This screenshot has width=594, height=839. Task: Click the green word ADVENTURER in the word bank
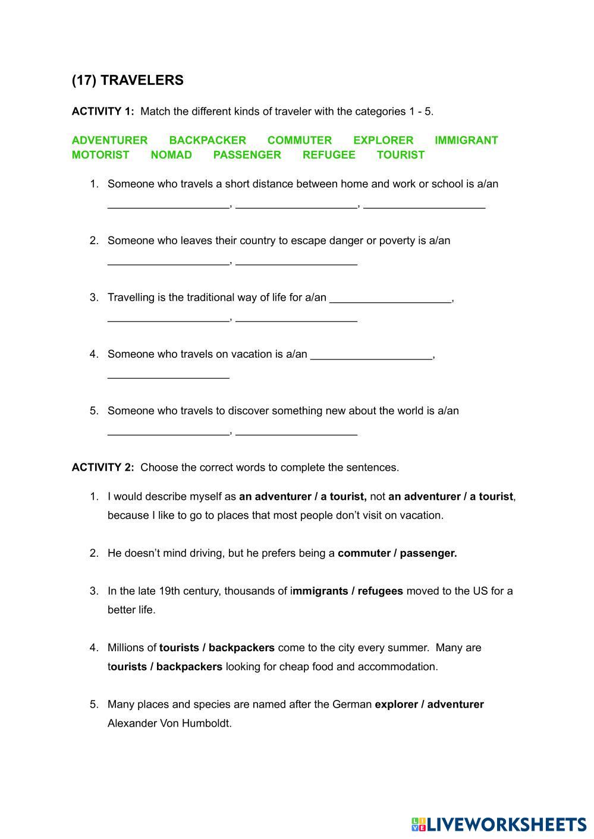pyautogui.click(x=109, y=140)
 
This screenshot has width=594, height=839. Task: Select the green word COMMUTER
pyautogui.click(x=299, y=140)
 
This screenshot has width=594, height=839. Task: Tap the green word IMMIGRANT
pyautogui.click(x=466, y=140)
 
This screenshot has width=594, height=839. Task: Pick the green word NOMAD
pyautogui.click(x=171, y=155)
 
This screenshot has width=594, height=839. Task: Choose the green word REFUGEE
pyautogui.click(x=328, y=155)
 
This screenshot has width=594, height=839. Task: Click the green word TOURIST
pyautogui.click(x=400, y=155)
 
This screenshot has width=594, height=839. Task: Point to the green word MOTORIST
pyautogui.click(x=100, y=155)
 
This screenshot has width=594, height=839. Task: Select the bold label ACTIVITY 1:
pyautogui.click(x=103, y=111)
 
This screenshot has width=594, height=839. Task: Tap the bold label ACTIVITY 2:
pyautogui.click(x=103, y=468)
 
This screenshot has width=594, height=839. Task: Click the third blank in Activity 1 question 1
pyautogui.click(x=424, y=206)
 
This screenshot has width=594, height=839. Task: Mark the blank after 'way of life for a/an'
pyautogui.click(x=390, y=301)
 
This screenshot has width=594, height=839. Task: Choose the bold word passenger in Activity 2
pyautogui.click(x=428, y=553)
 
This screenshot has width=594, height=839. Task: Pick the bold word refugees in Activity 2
pyautogui.click(x=380, y=591)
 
